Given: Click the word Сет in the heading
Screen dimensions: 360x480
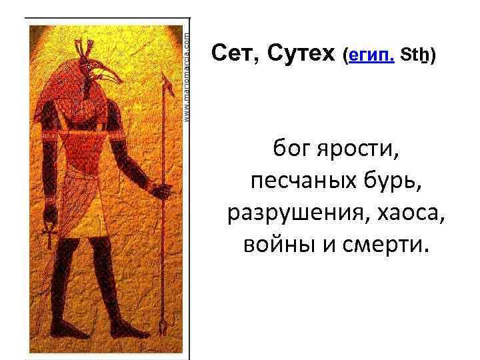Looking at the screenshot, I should click(231, 53).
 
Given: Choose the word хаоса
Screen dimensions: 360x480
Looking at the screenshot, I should click(409, 213).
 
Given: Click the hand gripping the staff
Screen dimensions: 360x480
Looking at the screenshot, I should click(161, 191).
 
